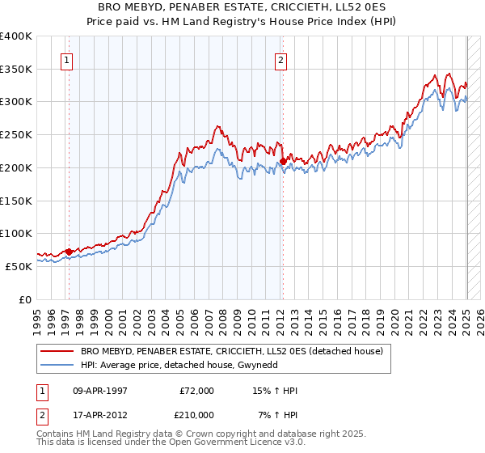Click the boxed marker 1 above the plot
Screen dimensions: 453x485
[65, 59]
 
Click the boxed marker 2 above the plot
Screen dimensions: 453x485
[280, 59]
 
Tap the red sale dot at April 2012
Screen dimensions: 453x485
[283, 162]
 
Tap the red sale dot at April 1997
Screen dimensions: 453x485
[69, 252]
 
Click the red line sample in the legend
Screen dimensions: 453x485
[57, 351]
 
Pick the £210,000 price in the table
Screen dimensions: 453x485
[196, 414]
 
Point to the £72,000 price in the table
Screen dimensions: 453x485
[196, 391]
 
